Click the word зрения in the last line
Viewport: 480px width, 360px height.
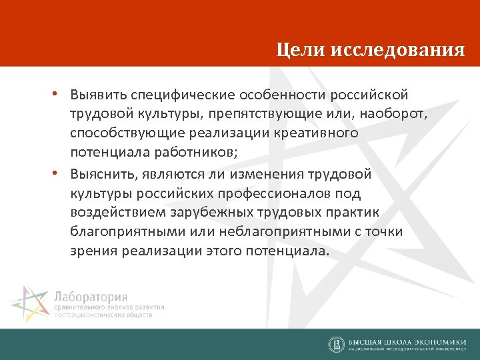tap(92, 252)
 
